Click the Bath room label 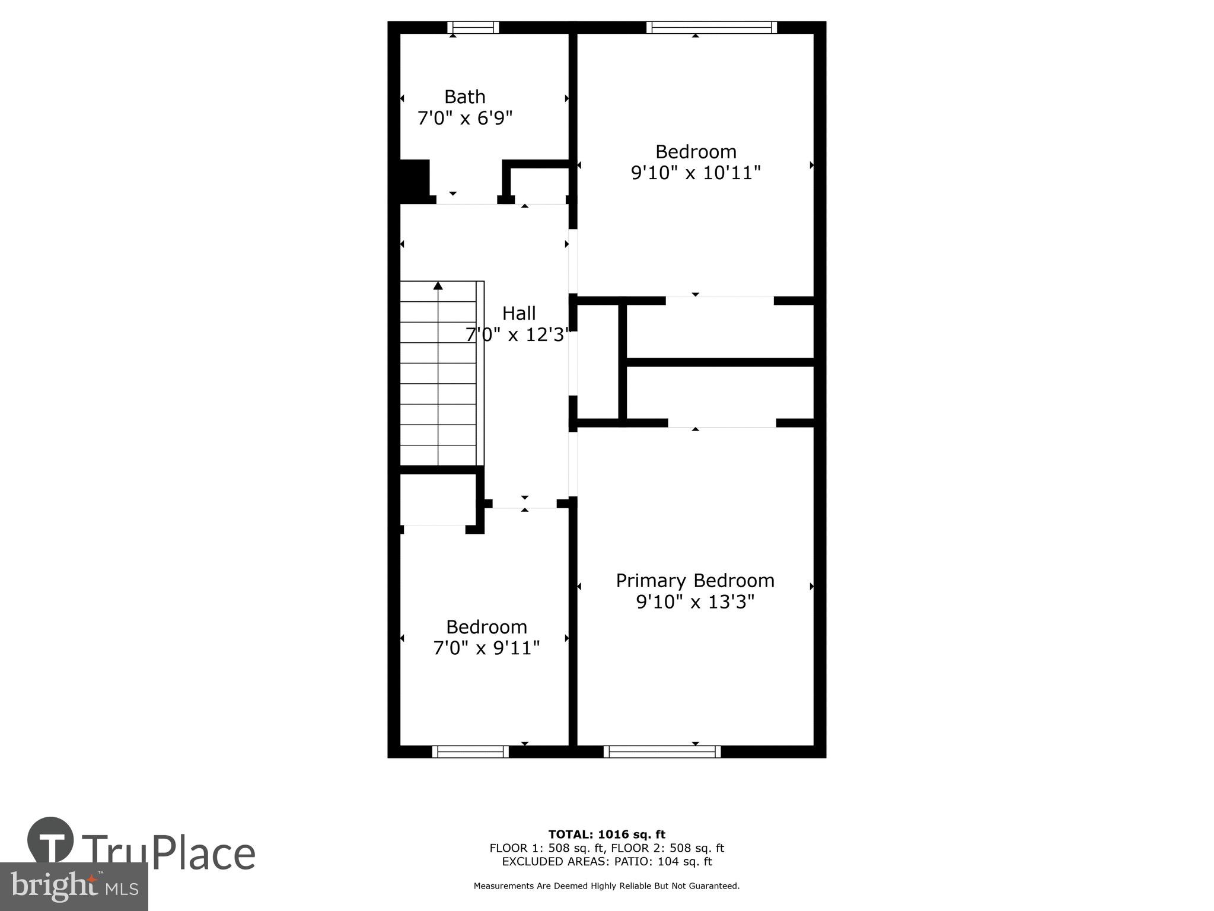(464, 97)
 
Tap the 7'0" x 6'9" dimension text (464, 118)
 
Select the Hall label (519, 313)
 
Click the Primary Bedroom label (695, 580)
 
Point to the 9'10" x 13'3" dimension (695, 602)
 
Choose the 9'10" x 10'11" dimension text (695, 173)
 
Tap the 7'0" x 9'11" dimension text (486, 648)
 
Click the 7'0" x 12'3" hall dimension (517, 335)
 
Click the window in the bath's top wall (473, 27)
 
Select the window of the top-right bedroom (711, 27)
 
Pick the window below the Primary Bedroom (662, 751)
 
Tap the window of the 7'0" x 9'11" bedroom (470, 751)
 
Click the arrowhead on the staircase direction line (438, 286)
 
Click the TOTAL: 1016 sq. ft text (607, 834)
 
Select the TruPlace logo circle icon (50, 841)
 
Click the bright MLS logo (74, 886)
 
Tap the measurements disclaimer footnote (606, 886)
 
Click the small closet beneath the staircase (438, 499)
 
